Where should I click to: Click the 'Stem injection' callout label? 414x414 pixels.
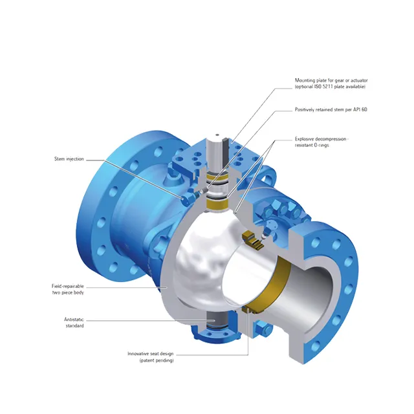[69, 158]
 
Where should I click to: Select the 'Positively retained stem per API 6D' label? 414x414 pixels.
[331, 109]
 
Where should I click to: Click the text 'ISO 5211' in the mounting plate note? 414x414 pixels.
[324, 87]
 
